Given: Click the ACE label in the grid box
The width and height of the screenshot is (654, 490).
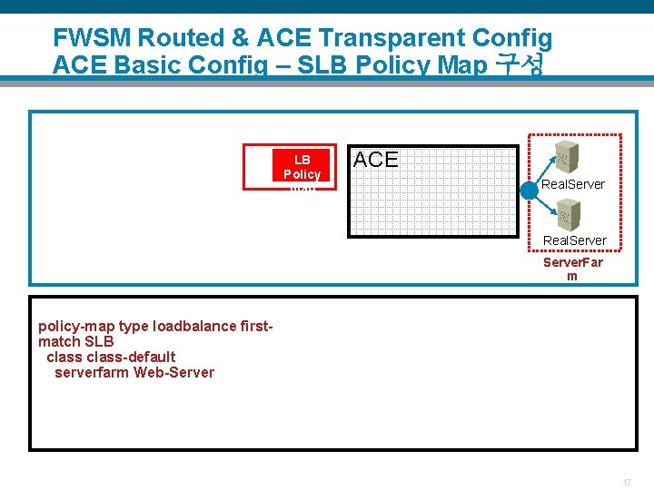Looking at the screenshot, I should (375, 160).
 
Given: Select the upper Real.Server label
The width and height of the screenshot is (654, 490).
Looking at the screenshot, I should (573, 184).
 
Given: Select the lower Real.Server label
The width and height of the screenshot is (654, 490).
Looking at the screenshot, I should (574, 240).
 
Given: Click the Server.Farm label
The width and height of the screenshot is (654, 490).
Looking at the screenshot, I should (572, 269).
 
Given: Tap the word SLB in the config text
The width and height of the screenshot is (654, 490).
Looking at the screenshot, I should (99, 342).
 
